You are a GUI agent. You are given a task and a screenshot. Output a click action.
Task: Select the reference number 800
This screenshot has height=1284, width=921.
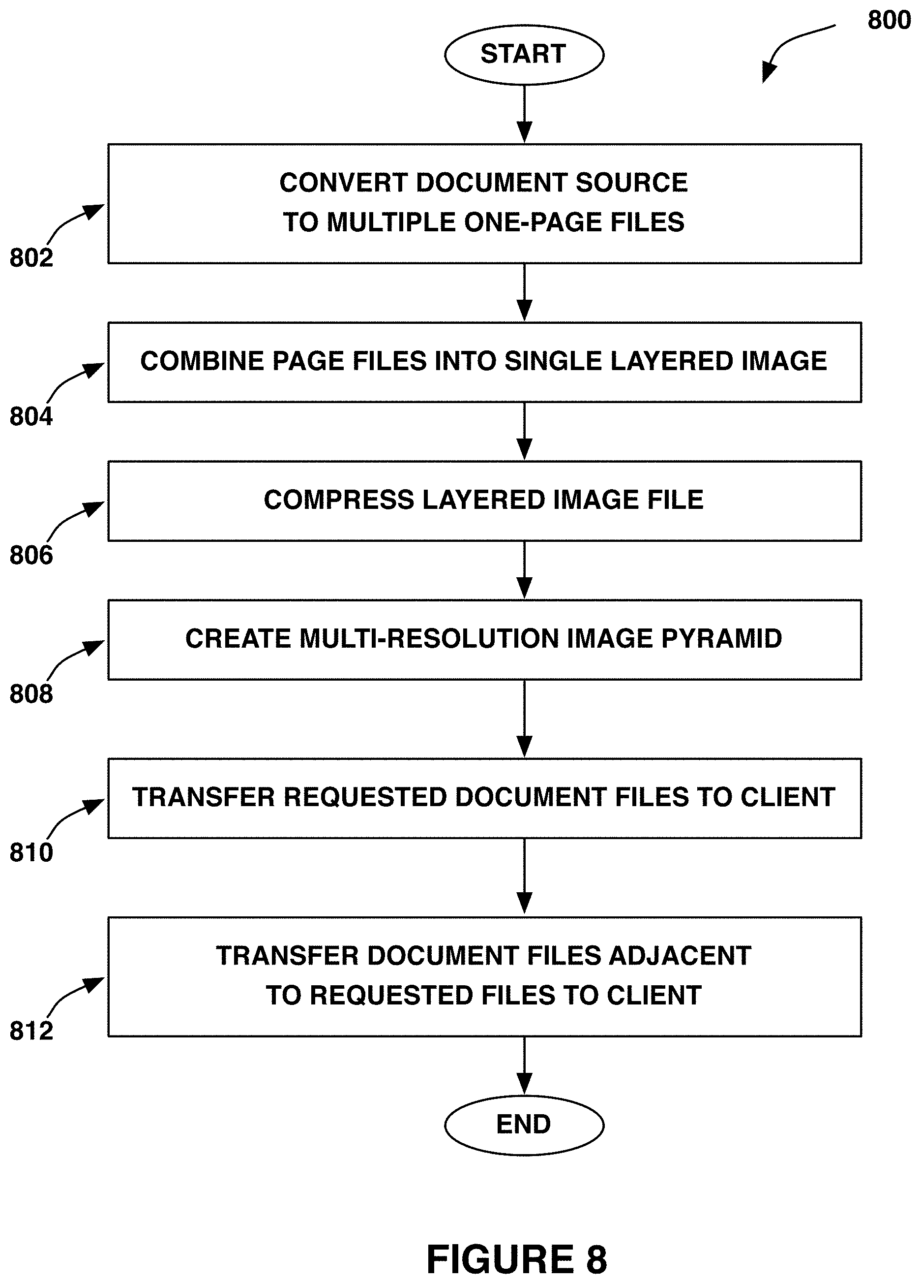(889, 20)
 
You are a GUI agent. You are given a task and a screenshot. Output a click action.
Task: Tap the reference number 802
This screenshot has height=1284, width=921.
(31, 257)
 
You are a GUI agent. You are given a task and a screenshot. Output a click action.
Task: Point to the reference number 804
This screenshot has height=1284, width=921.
(31, 416)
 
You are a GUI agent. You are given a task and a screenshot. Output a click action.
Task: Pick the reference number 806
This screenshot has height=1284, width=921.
(31, 555)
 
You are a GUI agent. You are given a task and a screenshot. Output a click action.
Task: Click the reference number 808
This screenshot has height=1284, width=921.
(31, 693)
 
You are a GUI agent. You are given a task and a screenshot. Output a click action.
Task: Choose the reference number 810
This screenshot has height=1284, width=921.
(31, 852)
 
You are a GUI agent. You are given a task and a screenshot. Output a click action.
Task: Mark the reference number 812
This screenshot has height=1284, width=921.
(31, 1031)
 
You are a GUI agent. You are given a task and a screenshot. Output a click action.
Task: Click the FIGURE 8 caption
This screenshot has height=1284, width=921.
(516, 1260)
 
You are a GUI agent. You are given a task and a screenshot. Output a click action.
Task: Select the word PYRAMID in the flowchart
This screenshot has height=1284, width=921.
(721, 639)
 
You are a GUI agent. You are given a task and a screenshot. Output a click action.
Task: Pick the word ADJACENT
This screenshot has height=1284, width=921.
(679, 956)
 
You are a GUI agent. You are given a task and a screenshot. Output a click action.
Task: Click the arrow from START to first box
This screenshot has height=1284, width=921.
(525, 114)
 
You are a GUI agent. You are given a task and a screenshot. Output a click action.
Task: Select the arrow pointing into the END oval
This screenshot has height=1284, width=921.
(525, 1065)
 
